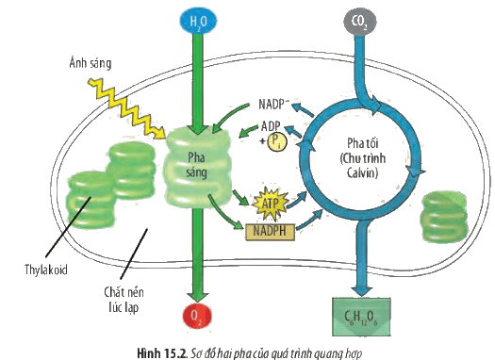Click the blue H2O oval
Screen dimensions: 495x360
coord(198,21)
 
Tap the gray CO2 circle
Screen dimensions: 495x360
coord(359,21)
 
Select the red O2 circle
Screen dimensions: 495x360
coord(197,317)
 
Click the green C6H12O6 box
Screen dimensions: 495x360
coord(361,317)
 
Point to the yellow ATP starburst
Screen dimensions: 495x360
coord(271,205)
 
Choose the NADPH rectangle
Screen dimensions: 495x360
coord(270,232)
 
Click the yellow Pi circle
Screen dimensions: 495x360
coord(277,142)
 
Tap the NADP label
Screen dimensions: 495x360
coord(273,104)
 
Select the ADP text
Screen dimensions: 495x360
coord(271,126)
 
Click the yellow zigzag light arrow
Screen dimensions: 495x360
coord(126,108)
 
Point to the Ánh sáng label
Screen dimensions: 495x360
coord(91,63)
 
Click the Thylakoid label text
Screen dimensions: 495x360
coord(46,270)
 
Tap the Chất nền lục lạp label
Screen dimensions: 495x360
coord(124,300)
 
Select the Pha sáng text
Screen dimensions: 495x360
coord(196,165)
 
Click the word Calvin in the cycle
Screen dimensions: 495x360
coord(362,173)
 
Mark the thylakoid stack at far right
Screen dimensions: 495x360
coord(444,217)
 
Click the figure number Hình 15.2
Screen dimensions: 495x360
coord(162,353)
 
